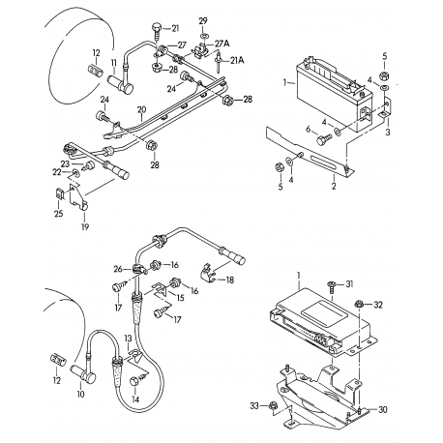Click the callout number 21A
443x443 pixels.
(237, 60)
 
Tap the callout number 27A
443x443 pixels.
(222, 44)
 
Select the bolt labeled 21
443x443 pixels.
(157, 31)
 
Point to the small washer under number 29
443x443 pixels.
(203, 34)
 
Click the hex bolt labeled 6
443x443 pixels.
(323, 140)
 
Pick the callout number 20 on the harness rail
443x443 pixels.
(142, 109)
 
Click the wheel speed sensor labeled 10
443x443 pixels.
(83, 374)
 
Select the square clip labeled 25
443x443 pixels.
(59, 194)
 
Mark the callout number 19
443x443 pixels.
(85, 227)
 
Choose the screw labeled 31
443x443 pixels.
(331, 286)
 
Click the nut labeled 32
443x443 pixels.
(358, 304)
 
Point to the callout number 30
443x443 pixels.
(383, 410)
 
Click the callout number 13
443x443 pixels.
(129, 339)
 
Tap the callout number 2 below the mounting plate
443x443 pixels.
(334, 186)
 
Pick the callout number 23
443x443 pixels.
(66, 163)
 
